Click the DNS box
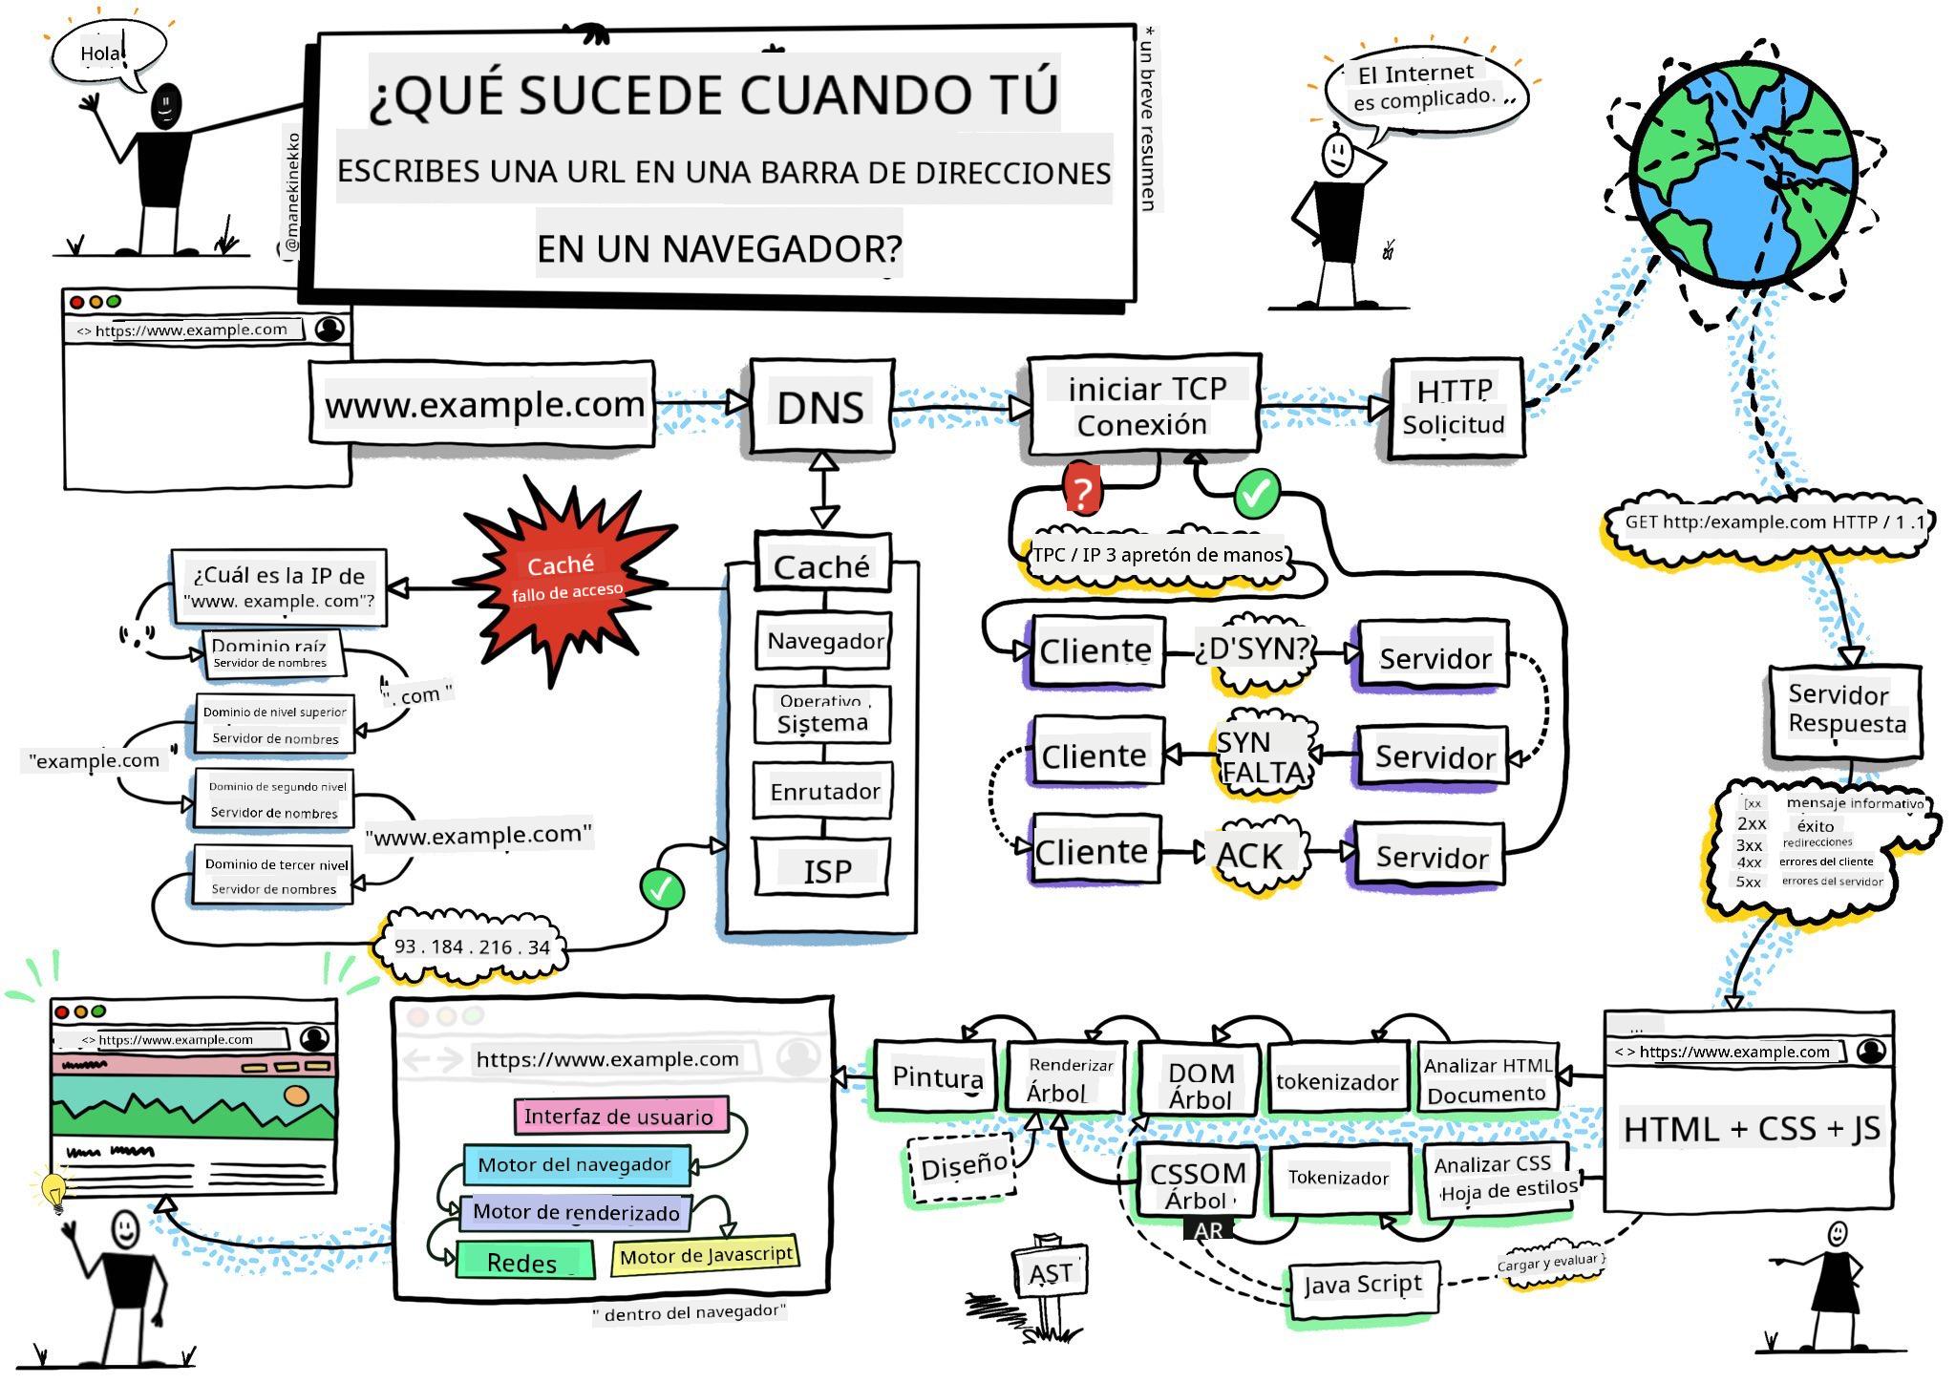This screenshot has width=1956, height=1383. tap(821, 407)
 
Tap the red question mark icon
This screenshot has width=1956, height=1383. tap(1081, 492)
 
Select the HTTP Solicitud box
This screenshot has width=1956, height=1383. tap(1454, 408)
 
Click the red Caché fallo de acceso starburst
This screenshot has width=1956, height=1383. tap(564, 579)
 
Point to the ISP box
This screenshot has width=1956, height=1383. tap(825, 869)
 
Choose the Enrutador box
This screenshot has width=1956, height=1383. tap(824, 791)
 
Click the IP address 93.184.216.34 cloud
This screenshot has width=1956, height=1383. tap(472, 947)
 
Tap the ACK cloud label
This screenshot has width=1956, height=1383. tap(1249, 855)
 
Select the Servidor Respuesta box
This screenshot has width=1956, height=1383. tap(1845, 710)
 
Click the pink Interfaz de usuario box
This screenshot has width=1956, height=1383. tap(619, 1117)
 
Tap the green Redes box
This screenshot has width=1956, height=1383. tap(523, 1262)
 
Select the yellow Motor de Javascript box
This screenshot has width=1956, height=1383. tap(706, 1255)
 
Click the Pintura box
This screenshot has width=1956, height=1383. tap(936, 1077)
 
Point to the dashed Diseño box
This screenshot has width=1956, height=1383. tap(963, 1166)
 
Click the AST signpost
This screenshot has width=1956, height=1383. tap(1050, 1273)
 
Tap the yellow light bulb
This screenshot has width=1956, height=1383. tap(54, 1190)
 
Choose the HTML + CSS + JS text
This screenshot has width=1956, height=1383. tap(1751, 1129)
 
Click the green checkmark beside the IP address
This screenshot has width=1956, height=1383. tap(663, 889)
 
